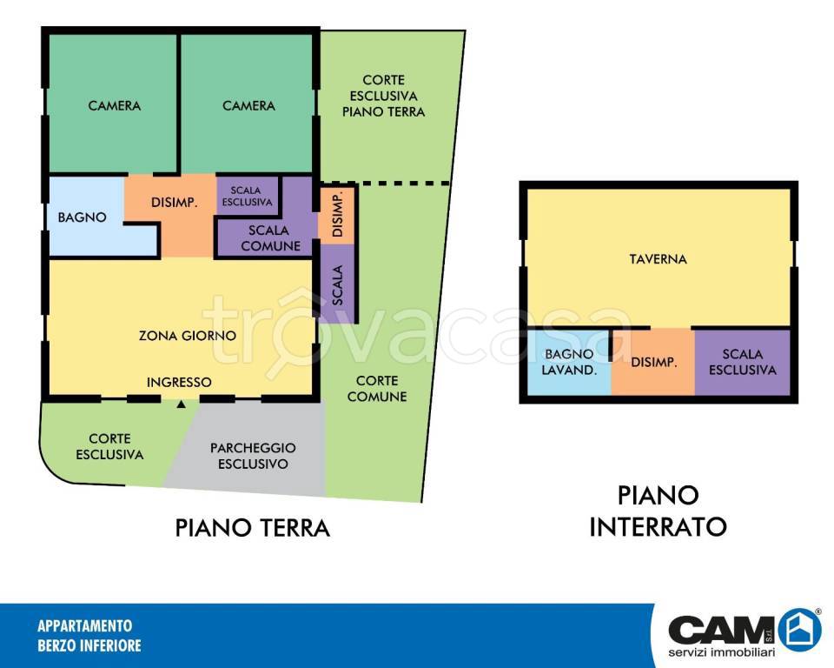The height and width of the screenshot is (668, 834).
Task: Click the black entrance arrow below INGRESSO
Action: (x=182, y=404)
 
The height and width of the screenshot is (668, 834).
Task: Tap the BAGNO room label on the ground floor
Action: (x=82, y=217)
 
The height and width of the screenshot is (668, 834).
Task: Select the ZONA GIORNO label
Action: (x=188, y=336)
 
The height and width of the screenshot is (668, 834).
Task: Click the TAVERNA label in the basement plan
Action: (x=658, y=259)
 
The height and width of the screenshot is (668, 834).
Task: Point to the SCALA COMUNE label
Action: (x=270, y=238)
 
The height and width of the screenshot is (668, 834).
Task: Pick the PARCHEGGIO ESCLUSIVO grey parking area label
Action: (x=253, y=456)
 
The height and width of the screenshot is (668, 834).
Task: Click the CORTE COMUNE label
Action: (x=376, y=388)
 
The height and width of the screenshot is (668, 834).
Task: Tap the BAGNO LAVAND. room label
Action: (x=569, y=362)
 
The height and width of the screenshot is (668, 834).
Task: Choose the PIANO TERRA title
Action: (x=253, y=528)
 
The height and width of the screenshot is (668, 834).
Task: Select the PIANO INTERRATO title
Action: (x=658, y=511)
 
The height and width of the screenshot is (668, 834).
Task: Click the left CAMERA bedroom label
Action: (x=115, y=106)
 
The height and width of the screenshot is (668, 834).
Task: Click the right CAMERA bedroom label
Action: (x=248, y=106)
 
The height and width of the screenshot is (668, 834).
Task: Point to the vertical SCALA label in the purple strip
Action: (x=337, y=285)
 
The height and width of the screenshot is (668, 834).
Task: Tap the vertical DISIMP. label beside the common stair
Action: (x=338, y=216)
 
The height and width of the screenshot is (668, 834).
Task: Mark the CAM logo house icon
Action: (x=799, y=630)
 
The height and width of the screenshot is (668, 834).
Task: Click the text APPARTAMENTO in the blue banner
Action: (x=84, y=625)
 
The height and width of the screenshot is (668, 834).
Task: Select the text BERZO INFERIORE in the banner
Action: (x=89, y=645)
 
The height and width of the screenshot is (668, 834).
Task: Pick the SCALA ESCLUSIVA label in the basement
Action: (x=743, y=362)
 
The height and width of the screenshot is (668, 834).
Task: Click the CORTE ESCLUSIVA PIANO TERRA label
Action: (x=383, y=96)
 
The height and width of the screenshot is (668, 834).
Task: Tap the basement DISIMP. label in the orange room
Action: (x=653, y=363)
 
